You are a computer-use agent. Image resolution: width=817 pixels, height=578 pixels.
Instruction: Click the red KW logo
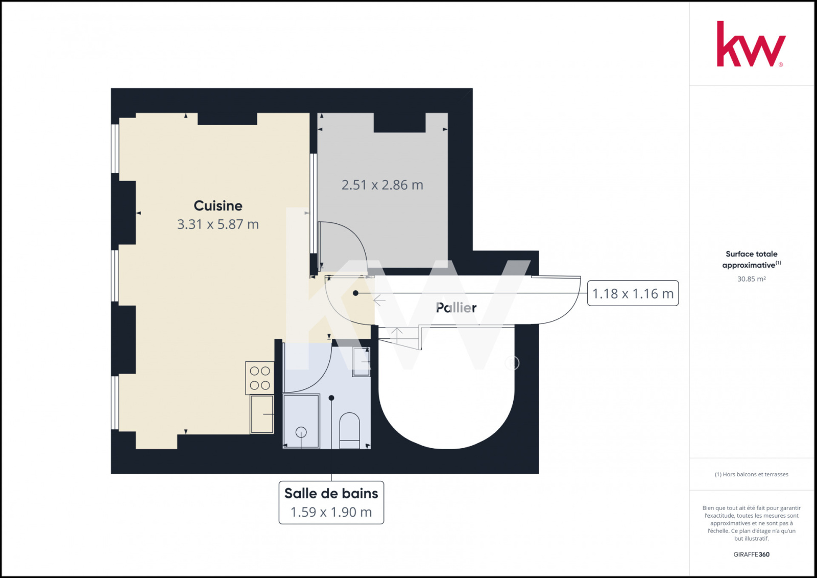click(x=751, y=44)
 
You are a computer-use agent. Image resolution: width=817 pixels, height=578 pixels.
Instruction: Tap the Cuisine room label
click(x=218, y=205)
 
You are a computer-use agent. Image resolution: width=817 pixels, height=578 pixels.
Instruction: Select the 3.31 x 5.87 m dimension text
click(x=218, y=224)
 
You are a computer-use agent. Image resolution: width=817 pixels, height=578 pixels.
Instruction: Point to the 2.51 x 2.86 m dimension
click(x=382, y=185)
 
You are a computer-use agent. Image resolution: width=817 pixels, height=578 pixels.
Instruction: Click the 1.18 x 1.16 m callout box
click(x=633, y=293)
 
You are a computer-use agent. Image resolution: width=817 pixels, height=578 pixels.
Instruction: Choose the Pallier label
click(x=456, y=308)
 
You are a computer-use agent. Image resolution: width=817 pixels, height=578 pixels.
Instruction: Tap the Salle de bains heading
click(x=331, y=493)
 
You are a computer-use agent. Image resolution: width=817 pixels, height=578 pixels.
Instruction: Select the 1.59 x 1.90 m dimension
click(x=331, y=512)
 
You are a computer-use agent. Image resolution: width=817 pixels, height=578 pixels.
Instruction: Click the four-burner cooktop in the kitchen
click(x=260, y=378)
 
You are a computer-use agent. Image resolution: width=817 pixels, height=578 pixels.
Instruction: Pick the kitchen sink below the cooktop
click(x=262, y=414)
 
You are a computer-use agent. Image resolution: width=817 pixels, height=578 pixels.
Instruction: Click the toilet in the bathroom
click(x=349, y=430)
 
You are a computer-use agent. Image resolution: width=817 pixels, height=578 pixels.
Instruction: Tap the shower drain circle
click(x=301, y=432)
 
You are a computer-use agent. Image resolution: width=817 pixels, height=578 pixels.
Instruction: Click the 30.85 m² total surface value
click(x=751, y=279)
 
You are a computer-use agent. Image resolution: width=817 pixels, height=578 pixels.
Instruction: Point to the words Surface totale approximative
click(x=751, y=259)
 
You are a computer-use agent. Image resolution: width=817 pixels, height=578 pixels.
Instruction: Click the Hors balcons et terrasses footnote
click(x=751, y=474)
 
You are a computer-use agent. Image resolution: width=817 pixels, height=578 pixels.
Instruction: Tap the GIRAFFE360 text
click(x=751, y=554)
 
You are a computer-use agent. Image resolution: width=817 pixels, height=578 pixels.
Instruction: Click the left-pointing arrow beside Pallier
click(x=379, y=300)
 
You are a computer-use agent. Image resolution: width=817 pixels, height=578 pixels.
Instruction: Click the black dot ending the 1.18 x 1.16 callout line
click(x=355, y=293)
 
